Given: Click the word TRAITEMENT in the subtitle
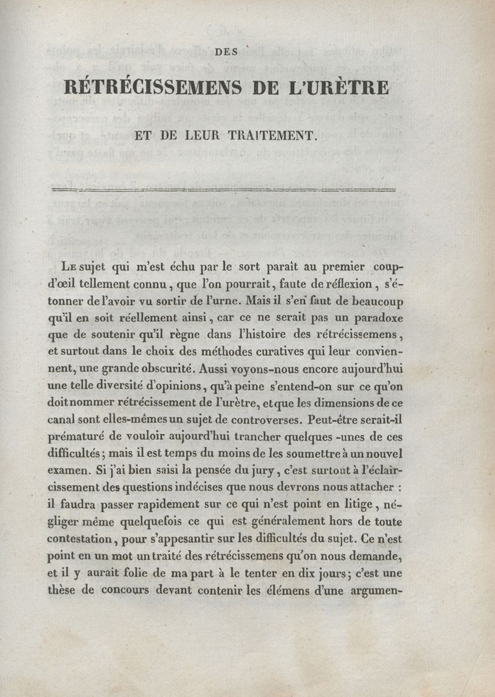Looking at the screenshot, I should click(278, 135).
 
